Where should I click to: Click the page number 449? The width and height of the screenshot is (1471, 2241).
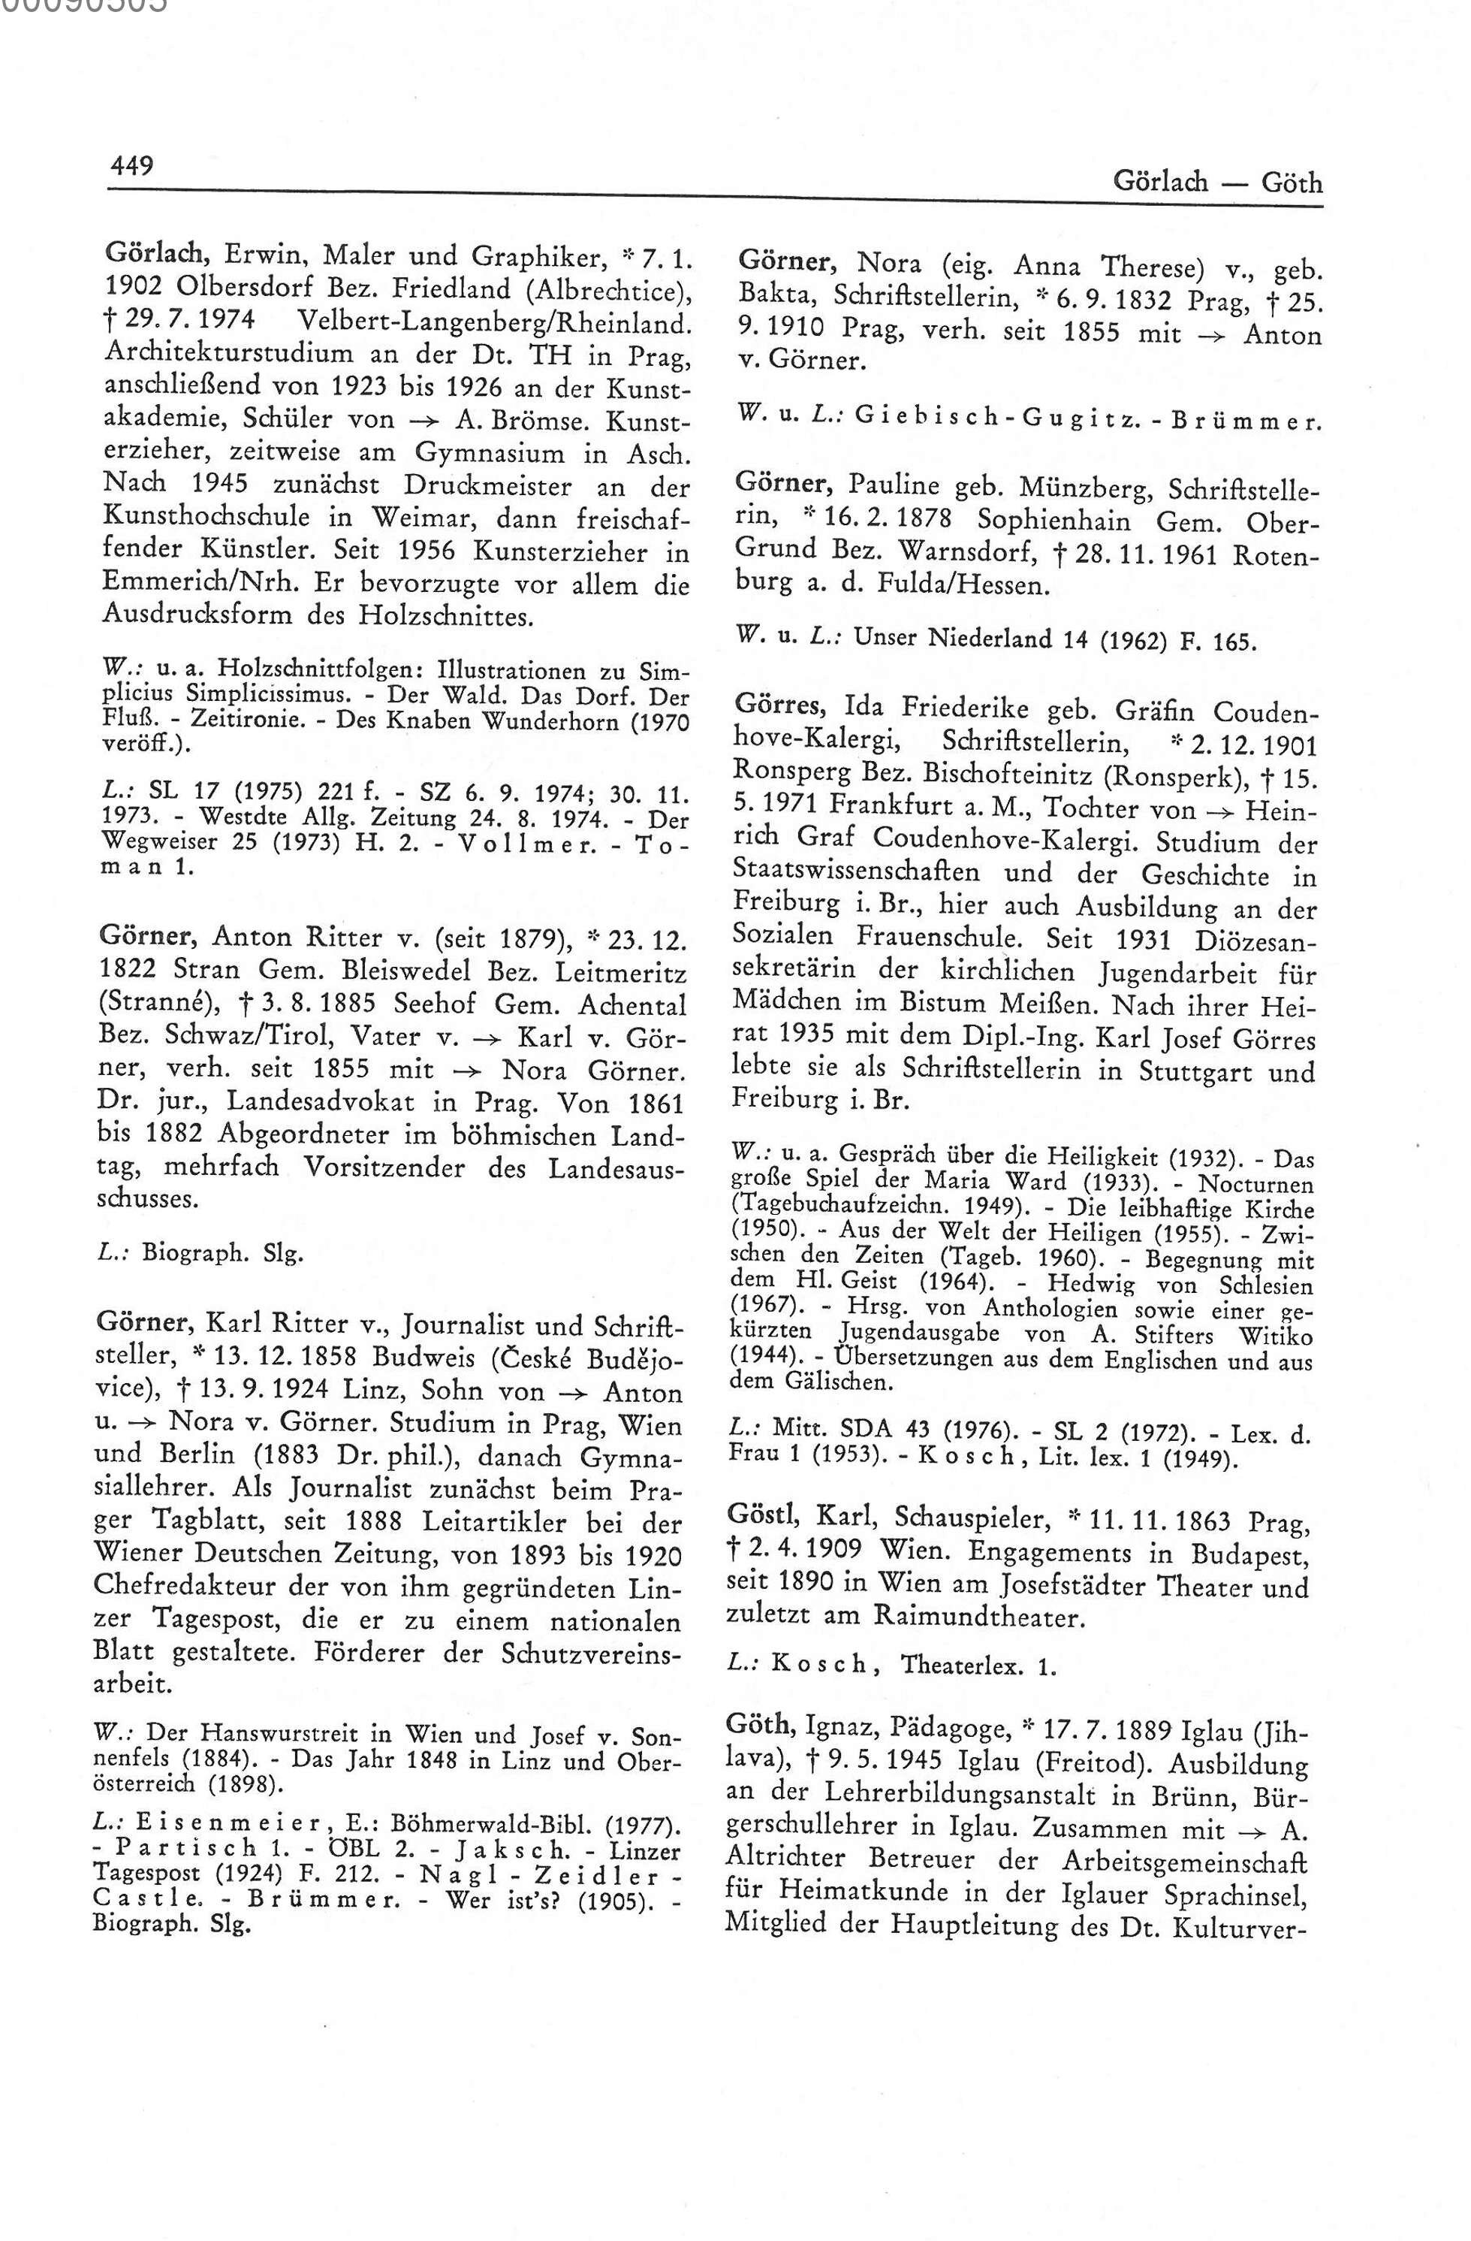click(131, 166)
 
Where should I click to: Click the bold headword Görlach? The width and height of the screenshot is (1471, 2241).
click(155, 254)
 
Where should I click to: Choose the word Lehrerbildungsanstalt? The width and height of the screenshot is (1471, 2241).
click(956, 1796)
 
